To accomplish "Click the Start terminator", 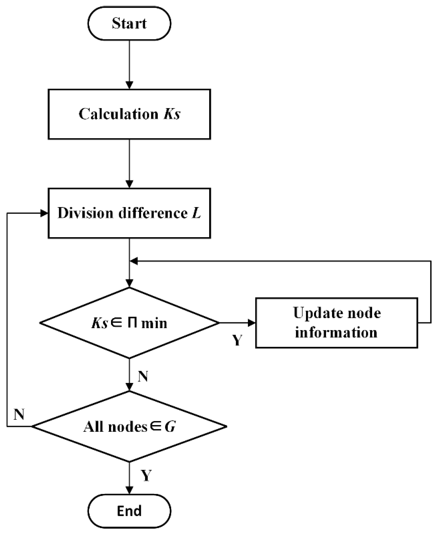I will pyautogui.click(x=129, y=23).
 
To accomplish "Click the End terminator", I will pyautogui.click(x=129, y=510).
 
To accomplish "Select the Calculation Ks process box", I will pyautogui.click(x=129, y=114).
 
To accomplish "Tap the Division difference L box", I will pyautogui.click(x=129, y=213).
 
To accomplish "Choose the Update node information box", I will pyautogui.click(x=337, y=323).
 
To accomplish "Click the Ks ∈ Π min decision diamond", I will pyautogui.click(x=129, y=323).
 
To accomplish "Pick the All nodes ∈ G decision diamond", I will pyautogui.click(x=129, y=427).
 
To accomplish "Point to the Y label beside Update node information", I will pyautogui.click(x=237, y=340).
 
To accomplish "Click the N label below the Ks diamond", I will pyautogui.click(x=143, y=376).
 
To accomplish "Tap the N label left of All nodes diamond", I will pyautogui.click(x=19, y=415).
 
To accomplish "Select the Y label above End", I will pyautogui.click(x=146, y=475).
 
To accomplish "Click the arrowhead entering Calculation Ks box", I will pyautogui.click(x=129, y=85).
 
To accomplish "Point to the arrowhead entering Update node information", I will pyautogui.click(x=252, y=323).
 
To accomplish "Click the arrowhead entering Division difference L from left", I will pyautogui.click(x=44, y=213).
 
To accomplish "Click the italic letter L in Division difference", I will pyautogui.click(x=196, y=213).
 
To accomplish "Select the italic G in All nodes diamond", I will pyautogui.click(x=170, y=427).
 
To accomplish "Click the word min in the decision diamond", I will pyautogui.click(x=154, y=323).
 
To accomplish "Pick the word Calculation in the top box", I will pyautogui.click(x=118, y=114).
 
